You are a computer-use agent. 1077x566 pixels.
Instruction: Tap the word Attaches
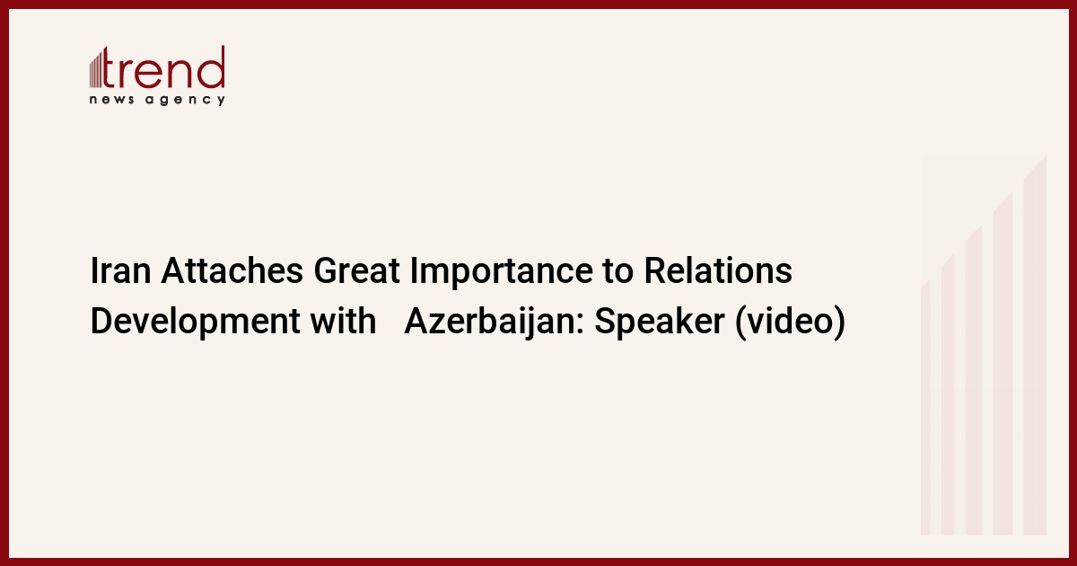point(232,270)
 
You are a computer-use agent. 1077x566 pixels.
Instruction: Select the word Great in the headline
point(356,270)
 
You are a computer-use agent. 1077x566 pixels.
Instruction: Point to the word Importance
point(501,272)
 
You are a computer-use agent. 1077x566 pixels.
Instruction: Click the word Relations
point(718,270)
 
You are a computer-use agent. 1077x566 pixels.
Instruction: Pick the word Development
point(196,322)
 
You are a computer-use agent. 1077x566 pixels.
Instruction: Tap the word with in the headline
point(343,321)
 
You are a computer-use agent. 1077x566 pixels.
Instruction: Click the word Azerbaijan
point(494,322)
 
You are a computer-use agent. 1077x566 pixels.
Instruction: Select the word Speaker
point(659,322)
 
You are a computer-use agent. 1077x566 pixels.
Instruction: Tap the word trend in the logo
point(163,67)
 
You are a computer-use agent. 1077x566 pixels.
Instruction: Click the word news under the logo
point(111,100)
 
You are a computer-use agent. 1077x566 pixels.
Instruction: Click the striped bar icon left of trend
point(96,69)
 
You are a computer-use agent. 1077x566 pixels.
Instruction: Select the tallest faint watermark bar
point(1035,345)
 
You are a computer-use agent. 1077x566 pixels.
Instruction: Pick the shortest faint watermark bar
point(925,408)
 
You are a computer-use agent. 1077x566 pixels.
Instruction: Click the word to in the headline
point(617,271)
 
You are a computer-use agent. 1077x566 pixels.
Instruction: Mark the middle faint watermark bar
point(974,380)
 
